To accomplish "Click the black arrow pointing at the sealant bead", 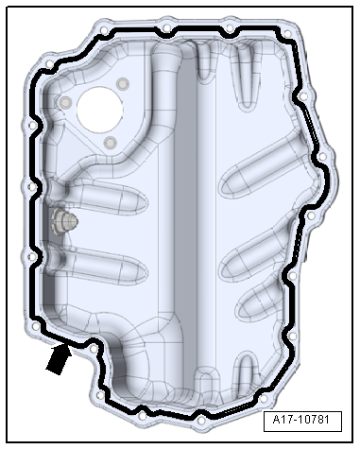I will (x=58, y=360).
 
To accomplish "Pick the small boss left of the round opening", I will (x=64, y=101).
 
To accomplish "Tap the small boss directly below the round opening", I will (x=110, y=143).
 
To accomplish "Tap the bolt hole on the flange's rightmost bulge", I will (x=323, y=157).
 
